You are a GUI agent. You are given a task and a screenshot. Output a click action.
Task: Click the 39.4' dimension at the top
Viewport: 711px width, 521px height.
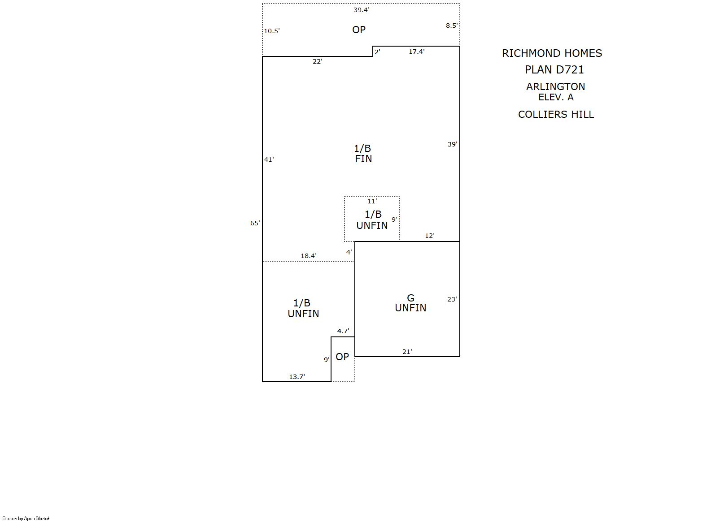click(x=362, y=10)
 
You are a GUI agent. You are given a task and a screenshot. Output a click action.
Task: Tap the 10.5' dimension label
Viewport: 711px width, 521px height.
click(x=272, y=31)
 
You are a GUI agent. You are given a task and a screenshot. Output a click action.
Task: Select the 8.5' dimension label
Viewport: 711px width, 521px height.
click(x=452, y=26)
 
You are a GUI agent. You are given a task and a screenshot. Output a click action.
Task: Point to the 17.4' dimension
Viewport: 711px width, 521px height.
click(x=417, y=52)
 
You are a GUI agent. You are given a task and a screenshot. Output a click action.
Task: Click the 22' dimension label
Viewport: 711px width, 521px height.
click(x=318, y=61)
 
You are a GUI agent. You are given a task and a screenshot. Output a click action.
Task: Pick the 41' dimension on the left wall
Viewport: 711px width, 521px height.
click(x=269, y=159)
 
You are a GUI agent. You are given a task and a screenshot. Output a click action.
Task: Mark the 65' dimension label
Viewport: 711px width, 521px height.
click(x=255, y=223)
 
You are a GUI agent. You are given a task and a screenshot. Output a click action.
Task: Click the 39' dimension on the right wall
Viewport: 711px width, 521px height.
click(x=452, y=144)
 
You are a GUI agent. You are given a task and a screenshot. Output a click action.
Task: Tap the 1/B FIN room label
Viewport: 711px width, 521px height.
click(x=363, y=153)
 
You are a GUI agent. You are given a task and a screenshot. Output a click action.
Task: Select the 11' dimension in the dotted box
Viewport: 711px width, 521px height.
click(x=372, y=201)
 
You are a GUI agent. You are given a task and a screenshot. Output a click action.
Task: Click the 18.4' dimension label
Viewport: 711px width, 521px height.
click(x=309, y=255)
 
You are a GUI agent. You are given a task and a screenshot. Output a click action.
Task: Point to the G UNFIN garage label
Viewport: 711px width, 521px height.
click(x=410, y=303)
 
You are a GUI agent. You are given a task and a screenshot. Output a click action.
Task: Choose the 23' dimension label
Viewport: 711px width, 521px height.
click(x=452, y=299)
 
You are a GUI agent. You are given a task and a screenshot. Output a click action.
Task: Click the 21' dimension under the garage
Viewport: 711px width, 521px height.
click(x=407, y=352)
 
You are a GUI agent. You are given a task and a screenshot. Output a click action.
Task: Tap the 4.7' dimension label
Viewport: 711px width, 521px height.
click(x=343, y=331)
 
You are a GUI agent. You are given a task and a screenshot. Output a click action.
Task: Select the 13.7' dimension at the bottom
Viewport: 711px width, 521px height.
click(x=297, y=376)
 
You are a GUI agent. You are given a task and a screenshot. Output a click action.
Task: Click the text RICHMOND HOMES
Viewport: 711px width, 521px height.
click(x=552, y=53)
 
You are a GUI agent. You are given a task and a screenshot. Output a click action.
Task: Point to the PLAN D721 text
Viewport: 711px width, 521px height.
click(x=554, y=70)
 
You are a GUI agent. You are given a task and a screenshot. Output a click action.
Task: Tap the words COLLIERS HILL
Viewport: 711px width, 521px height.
click(x=556, y=114)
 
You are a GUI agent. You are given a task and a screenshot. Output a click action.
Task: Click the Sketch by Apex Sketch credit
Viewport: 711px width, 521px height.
click(x=26, y=518)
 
